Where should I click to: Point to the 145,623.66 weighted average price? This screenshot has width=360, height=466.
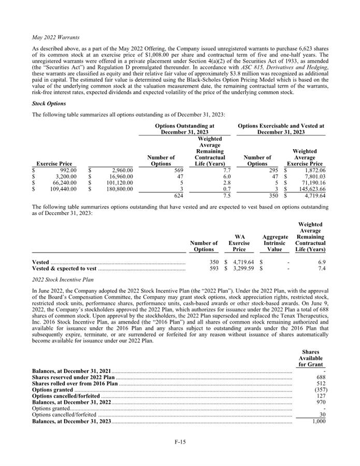[x=310, y=190]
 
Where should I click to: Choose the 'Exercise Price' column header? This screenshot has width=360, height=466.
[x=54, y=164]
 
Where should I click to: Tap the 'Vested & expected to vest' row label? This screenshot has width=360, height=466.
[x=64, y=269]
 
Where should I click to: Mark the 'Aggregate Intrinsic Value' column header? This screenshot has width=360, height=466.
[x=275, y=243]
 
